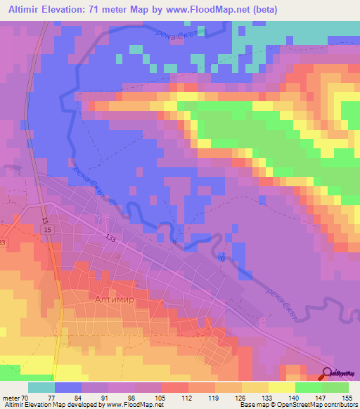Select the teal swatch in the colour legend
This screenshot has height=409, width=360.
pyautogui.click(x=41, y=387)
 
